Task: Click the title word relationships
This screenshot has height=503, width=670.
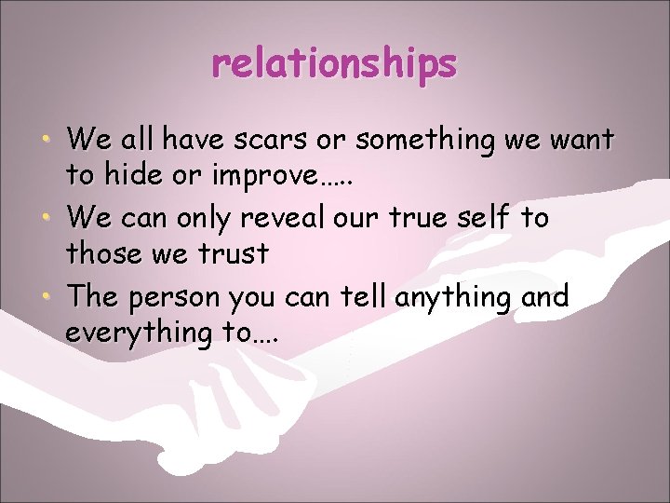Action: tap(334, 64)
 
